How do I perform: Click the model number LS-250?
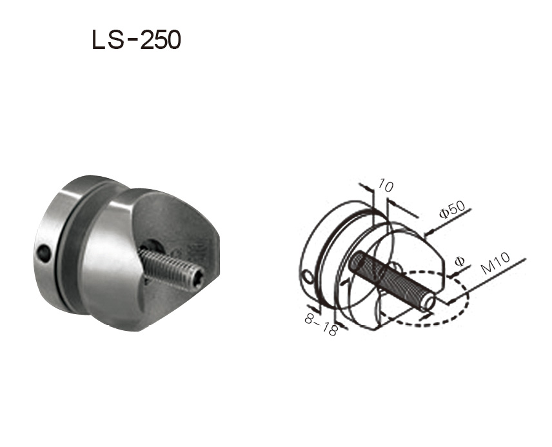tap(136, 40)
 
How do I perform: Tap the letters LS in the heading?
tap(106, 40)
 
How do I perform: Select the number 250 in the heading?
tap(160, 40)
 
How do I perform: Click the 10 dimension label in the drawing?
tap(386, 187)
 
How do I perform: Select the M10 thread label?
tap(497, 264)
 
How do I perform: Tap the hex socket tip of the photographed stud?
tap(196, 279)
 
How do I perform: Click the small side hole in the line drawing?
tap(307, 277)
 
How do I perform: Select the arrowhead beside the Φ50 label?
tap(426, 233)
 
